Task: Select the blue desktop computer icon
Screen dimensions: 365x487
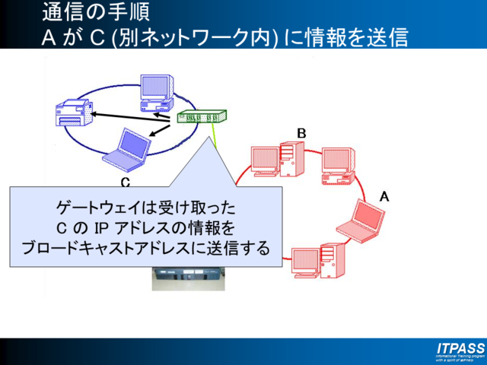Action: click(x=156, y=94)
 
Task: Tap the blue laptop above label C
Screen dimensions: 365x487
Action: click(x=125, y=149)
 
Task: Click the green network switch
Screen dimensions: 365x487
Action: click(x=202, y=118)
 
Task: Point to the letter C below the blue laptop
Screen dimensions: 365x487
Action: click(x=126, y=182)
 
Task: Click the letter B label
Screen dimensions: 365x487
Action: click(x=301, y=134)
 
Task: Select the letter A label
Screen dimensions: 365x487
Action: click(x=384, y=196)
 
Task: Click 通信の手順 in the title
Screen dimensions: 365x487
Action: click(x=91, y=12)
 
